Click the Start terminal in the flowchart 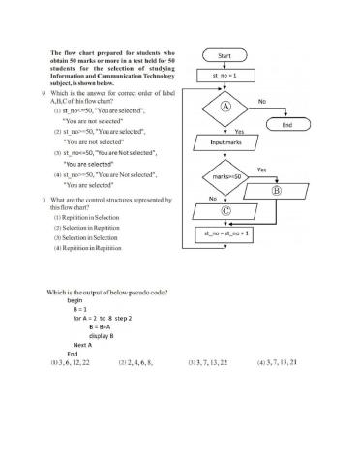(224, 55)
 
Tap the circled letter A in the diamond (225, 106)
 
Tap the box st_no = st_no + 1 (225, 234)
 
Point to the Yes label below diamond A (238, 130)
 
